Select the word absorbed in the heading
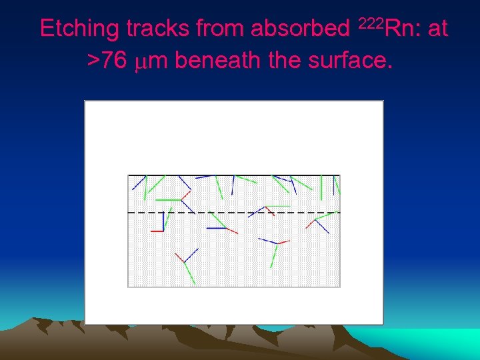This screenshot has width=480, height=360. point(298,29)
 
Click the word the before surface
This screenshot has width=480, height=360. point(283,61)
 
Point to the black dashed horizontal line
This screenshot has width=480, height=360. point(200,213)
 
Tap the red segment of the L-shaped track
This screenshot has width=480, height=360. point(157,231)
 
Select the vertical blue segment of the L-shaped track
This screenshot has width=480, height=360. point(164,221)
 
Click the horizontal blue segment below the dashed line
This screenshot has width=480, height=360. point(217,228)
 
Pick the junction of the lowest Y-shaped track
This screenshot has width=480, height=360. point(184,262)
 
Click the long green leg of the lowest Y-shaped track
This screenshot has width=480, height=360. point(190,273)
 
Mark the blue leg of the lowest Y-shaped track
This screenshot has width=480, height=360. point(191,255)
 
